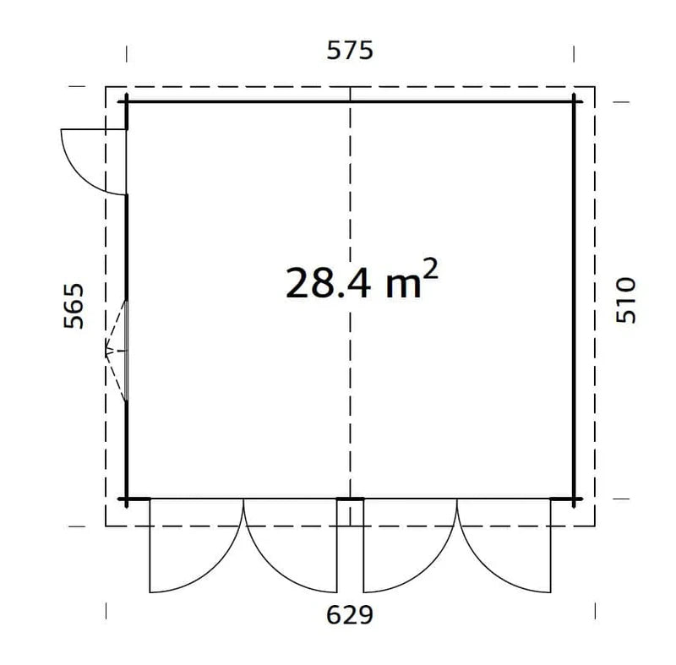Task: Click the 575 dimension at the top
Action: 350,52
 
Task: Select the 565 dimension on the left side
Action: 74,306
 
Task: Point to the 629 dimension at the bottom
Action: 350,614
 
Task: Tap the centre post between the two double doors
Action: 350,500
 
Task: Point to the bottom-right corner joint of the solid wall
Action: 574,499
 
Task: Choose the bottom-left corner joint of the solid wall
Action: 127,499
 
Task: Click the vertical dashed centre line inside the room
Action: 350,380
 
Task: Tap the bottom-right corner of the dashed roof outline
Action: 596,526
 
